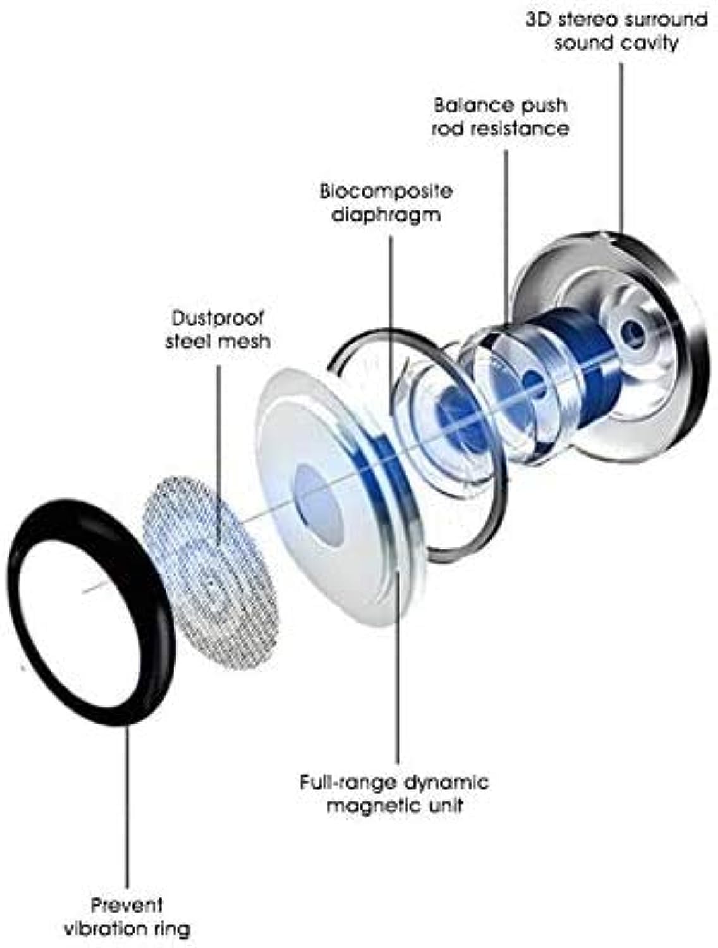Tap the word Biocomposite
click(x=386, y=190)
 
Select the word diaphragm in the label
click(x=386, y=214)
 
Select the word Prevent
click(x=135, y=905)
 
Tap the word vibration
click(x=125, y=929)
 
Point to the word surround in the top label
click(x=667, y=19)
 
